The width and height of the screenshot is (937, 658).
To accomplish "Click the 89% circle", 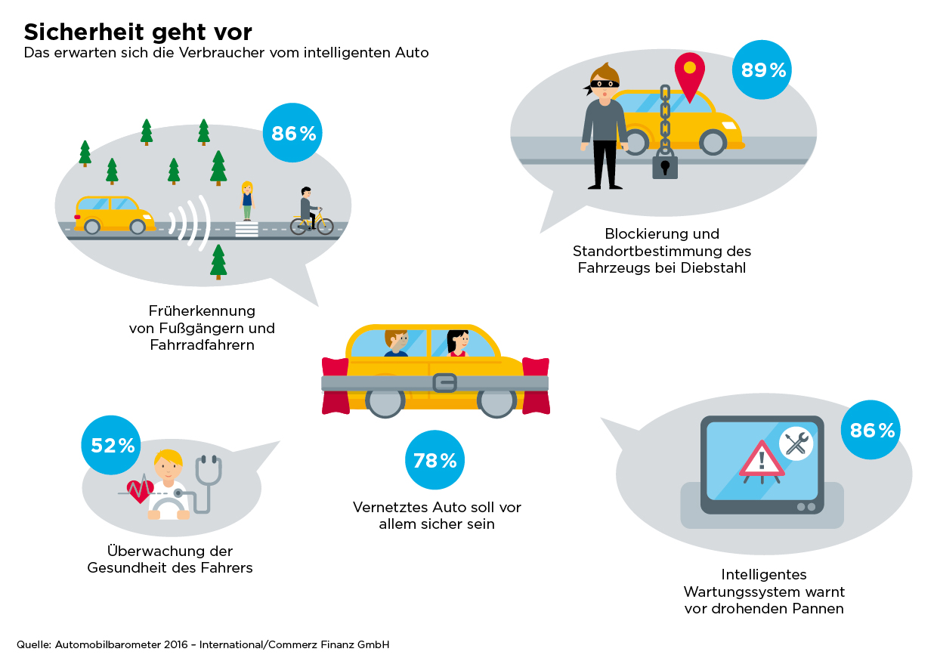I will (x=763, y=70).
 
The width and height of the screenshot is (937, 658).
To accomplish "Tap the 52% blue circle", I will (x=113, y=446).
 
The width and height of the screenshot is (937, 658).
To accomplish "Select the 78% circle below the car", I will (x=434, y=460).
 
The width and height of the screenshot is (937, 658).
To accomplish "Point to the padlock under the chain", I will (x=665, y=165).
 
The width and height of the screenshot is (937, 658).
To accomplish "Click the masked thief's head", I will (x=604, y=81).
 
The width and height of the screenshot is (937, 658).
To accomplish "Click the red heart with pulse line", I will (x=140, y=492).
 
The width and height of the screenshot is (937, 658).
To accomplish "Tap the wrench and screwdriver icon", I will (x=795, y=443).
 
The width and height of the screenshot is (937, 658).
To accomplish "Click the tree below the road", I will (x=218, y=261).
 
